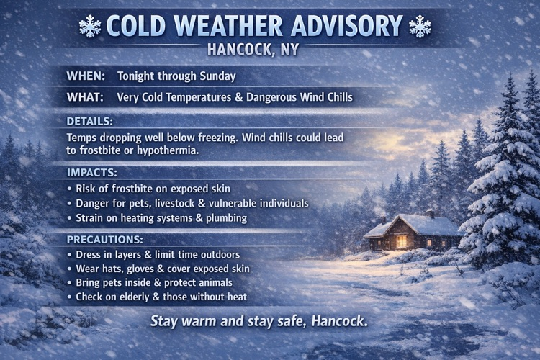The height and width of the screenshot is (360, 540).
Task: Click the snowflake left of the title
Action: pyautogui.click(x=90, y=27)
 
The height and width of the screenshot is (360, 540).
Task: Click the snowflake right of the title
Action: pyautogui.click(x=419, y=27)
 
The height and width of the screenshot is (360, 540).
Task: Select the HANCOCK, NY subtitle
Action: pyautogui.click(x=253, y=50)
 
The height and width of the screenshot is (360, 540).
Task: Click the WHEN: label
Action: pyautogui.click(x=86, y=76)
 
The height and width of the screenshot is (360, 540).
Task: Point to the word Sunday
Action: pyautogui.click(x=217, y=76)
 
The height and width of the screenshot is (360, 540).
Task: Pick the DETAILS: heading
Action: pyautogui.click(x=90, y=121)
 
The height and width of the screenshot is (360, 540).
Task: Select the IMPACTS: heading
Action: pyautogui.click(x=92, y=174)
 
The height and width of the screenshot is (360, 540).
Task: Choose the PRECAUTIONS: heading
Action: pyautogui.click(x=105, y=240)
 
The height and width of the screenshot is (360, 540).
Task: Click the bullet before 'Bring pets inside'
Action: pyautogui.click(x=70, y=283)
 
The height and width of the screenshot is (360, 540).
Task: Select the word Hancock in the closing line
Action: pyautogui.click(x=338, y=320)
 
